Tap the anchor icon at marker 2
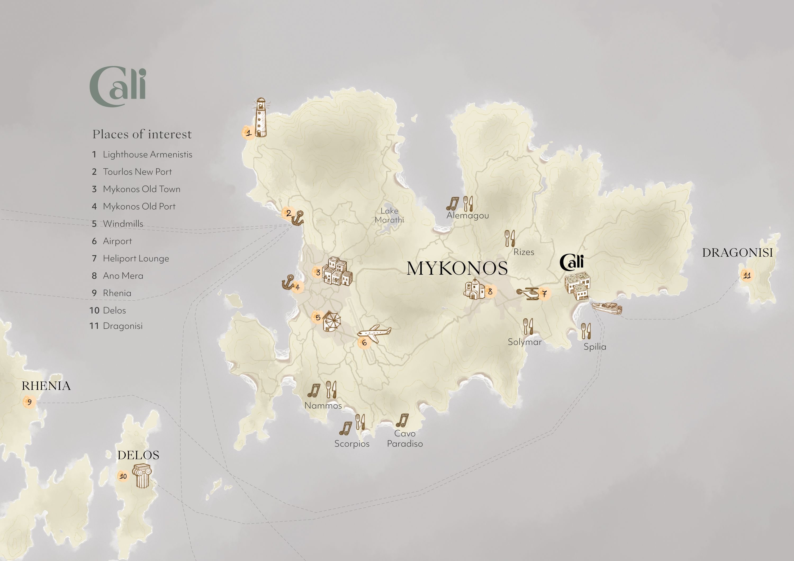(x=298, y=219)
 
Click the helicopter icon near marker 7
(x=528, y=293)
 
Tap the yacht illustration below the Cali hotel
(x=607, y=308)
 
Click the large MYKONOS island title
(x=457, y=269)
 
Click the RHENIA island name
(x=46, y=386)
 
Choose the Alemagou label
(x=468, y=216)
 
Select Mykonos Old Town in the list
(x=141, y=189)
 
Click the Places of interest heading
(x=142, y=134)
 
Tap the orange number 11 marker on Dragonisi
(x=747, y=276)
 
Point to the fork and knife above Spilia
(x=586, y=331)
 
